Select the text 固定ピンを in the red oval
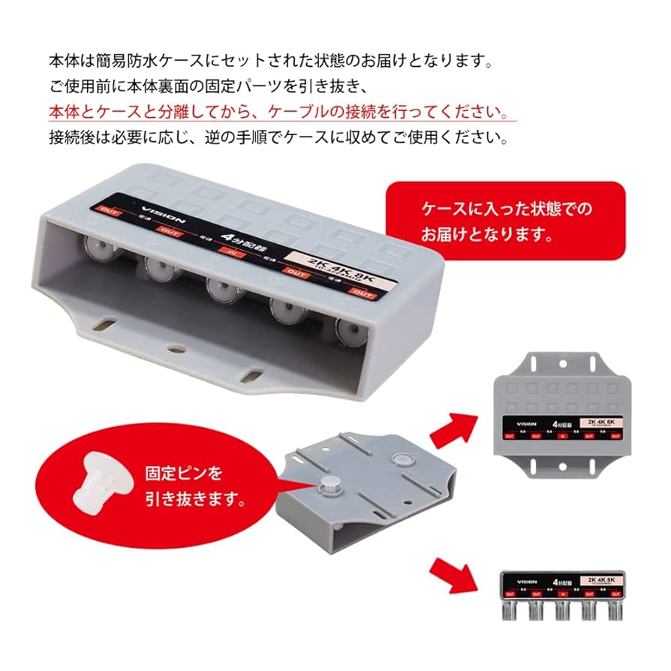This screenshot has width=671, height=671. tap(183, 474)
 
